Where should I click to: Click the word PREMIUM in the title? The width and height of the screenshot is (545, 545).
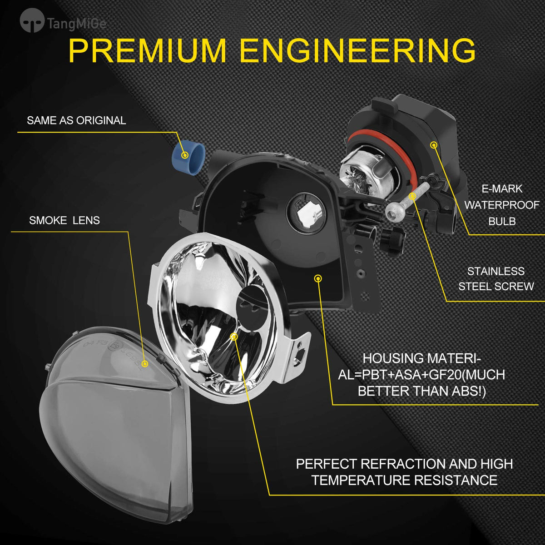(147, 50)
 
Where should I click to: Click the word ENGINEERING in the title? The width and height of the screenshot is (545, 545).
(358, 50)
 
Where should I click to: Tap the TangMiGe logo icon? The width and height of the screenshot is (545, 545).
(32, 20)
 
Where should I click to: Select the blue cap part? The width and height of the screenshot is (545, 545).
(188, 157)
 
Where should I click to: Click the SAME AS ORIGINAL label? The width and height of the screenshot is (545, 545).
(76, 120)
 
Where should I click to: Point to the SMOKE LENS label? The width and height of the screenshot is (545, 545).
(64, 220)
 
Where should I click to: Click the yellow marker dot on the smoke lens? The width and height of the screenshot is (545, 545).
(145, 364)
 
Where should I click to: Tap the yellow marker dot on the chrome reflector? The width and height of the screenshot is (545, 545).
(234, 337)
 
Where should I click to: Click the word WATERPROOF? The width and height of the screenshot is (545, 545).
(502, 205)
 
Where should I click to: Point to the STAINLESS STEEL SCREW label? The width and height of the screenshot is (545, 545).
(496, 279)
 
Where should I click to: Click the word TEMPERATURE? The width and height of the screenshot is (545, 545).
(361, 480)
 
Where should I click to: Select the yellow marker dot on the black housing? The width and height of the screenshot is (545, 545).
(318, 278)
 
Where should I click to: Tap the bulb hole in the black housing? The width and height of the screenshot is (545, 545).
(306, 213)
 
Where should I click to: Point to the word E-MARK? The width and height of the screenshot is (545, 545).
(502, 188)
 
